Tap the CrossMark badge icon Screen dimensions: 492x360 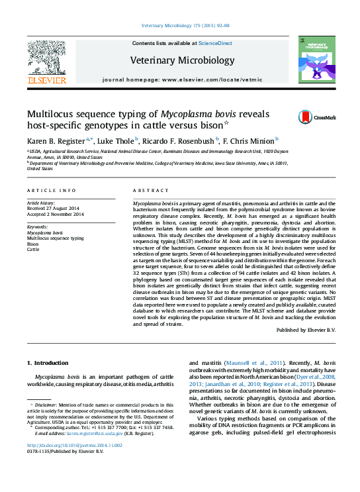coord(307,117)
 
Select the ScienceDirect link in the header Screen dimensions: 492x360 coord(216,43)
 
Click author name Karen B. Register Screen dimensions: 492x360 coord(58,140)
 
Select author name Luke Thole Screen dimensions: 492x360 coord(116,140)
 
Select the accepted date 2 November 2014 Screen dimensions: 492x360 coord(56,215)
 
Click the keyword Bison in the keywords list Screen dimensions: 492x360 coord(33,244)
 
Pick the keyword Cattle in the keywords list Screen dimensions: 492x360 coord(33,250)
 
